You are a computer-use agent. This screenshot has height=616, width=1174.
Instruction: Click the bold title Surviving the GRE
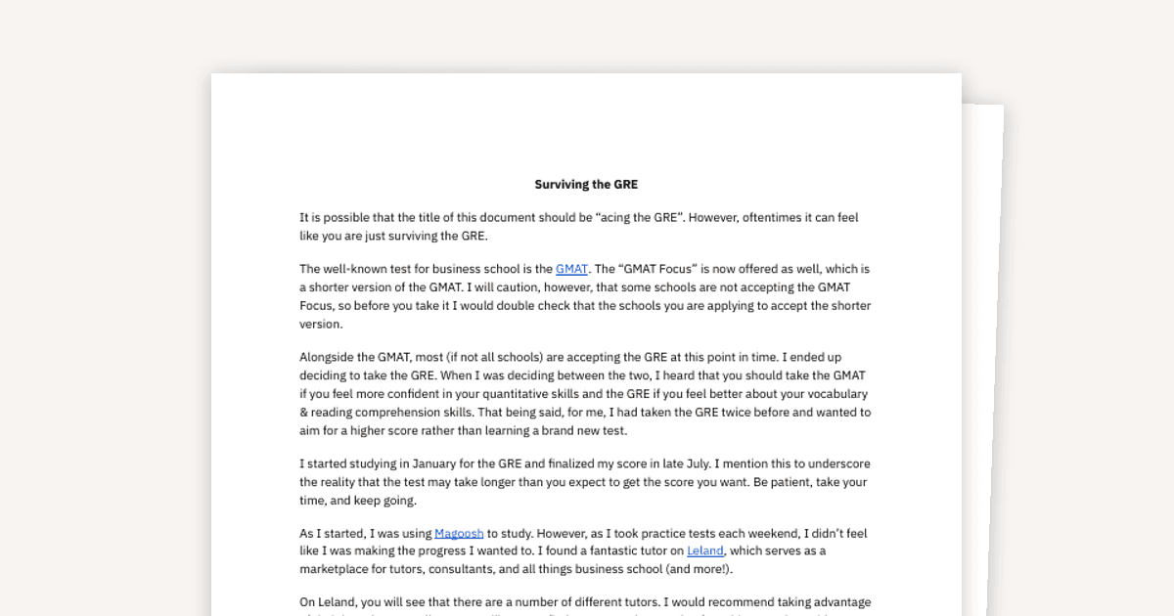pos(586,184)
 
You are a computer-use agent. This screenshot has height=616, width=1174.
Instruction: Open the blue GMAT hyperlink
pos(571,269)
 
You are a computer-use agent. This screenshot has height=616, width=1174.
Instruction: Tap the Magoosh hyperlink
pos(459,534)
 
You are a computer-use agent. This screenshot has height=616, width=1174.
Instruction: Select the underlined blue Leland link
pos(704,551)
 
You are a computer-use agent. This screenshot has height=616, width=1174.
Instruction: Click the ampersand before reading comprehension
pos(303,413)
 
